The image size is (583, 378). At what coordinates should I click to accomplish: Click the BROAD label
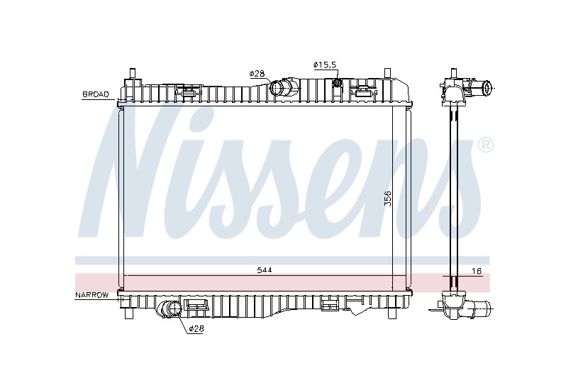[96, 94]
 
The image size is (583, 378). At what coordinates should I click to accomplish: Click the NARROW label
[91, 295]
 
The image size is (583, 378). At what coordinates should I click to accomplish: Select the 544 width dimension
[265, 270]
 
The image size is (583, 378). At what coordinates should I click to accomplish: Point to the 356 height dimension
[388, 199]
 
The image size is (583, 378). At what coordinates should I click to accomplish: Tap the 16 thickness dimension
[477, 272]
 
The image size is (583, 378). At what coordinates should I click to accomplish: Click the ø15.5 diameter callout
[325, 65]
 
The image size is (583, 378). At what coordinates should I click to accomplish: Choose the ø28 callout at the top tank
[257, 74]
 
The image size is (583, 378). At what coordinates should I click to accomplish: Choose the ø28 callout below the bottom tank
[196, 328]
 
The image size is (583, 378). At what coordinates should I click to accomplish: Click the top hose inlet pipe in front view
[284, 89]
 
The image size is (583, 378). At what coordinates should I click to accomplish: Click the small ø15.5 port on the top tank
[337, 82]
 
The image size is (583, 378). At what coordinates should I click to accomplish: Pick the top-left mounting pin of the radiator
[132, 73]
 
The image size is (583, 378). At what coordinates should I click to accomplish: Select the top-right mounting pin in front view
[387, 73]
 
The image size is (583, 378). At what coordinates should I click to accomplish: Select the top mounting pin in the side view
[453, 73]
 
